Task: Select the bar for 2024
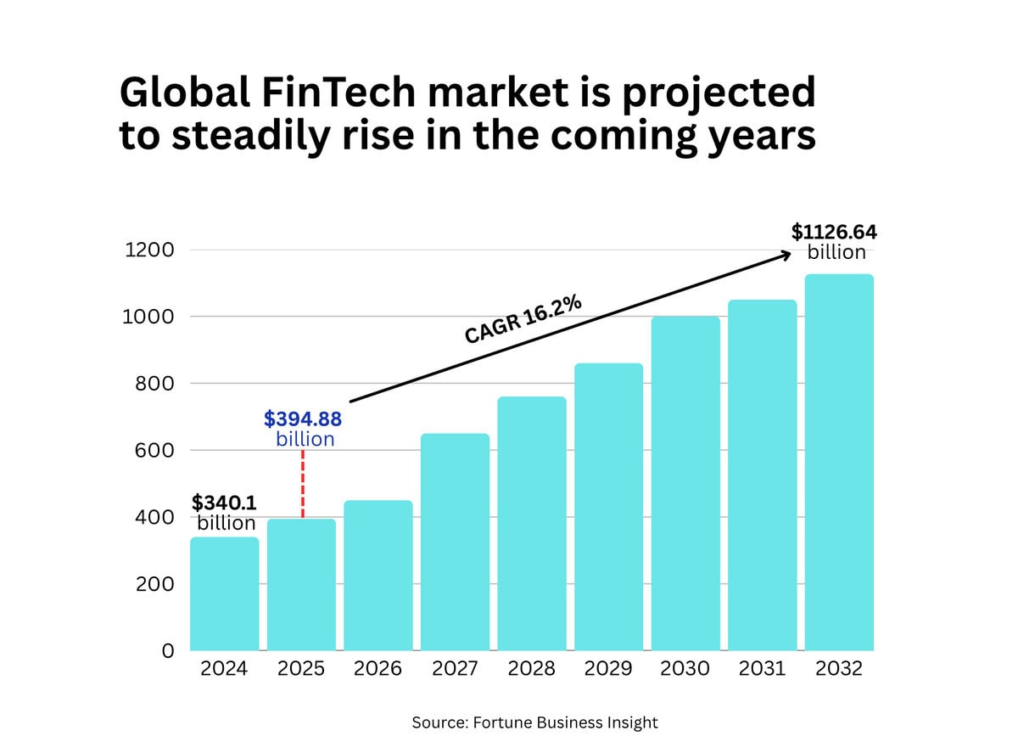(x=224, y=593)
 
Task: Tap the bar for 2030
(x=685, y=483)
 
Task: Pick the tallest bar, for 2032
(x=839, y=462)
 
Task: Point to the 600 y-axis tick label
(x=154, y=450)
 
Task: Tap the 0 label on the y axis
(x=168, y=651)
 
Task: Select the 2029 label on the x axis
(x=608, y=669)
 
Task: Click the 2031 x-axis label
(x=762, y=669)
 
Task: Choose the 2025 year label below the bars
(x=301, y=669)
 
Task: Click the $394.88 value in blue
(x=303, y=419)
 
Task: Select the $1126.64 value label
(x=834, y=232)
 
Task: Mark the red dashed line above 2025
(x=303, y=483)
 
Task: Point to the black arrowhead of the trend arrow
(x=786, y=254)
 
